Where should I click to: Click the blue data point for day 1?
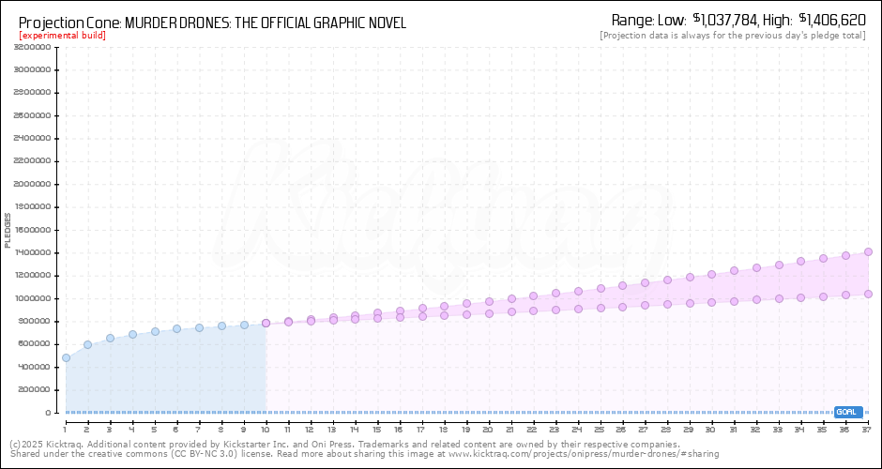point(66,357)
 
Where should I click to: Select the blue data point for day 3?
point(110,338)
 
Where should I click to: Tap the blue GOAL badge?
point(847,412)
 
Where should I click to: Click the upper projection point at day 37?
point(868,251)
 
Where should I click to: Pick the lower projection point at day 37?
point(868,294)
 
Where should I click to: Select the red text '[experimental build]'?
point(62,36)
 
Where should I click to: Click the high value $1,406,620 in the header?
point(831,20)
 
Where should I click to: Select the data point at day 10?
point(266,323)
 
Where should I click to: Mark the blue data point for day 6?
point(176,328)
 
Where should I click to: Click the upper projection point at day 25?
point(601,289)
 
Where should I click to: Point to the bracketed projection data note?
point(733,36)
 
